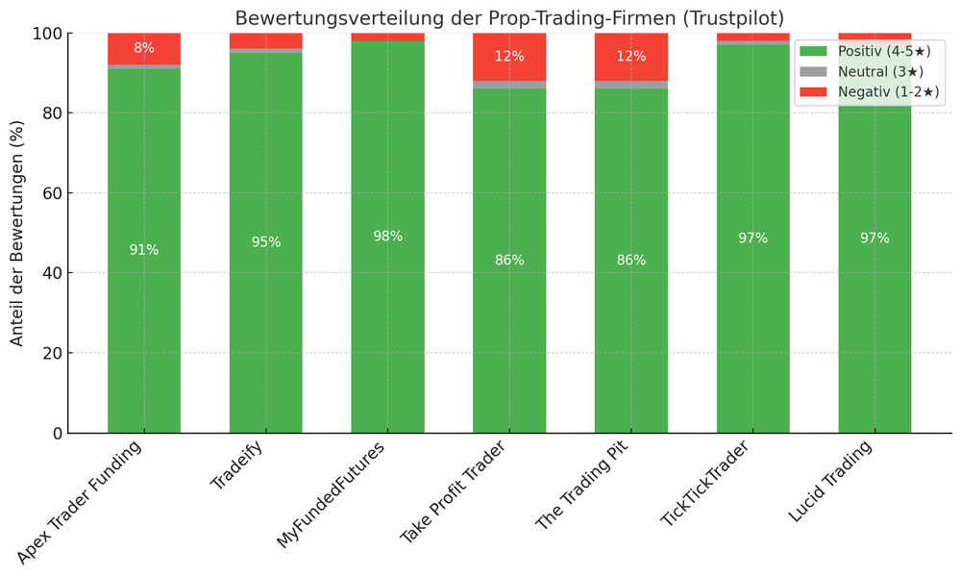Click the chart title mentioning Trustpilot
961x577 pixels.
tap(509, 18)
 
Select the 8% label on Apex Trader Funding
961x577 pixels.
tap(144, 48)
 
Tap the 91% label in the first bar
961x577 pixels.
tap(144, 250)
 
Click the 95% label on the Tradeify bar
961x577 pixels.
tap(266, 242)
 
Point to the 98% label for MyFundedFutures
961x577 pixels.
tap(387, 237)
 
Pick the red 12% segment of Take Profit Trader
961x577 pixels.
tap(509, 57)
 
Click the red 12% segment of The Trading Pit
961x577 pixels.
tap(631, 57)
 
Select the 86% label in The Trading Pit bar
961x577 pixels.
tap(631, 261)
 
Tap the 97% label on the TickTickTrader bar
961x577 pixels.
tap(752, 238)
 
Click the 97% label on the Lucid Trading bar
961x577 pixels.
tap(875, 238)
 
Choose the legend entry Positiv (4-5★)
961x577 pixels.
tap(870, 51)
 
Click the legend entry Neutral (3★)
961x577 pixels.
tap(870, 72)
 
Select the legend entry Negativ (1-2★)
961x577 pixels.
tap(870, 92)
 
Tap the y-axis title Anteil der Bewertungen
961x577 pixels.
tap(17, 233)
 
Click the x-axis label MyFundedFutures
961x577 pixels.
tap(333, 494)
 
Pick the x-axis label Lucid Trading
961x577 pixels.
tap(831, 481)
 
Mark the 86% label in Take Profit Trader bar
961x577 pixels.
tap(509, 261)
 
